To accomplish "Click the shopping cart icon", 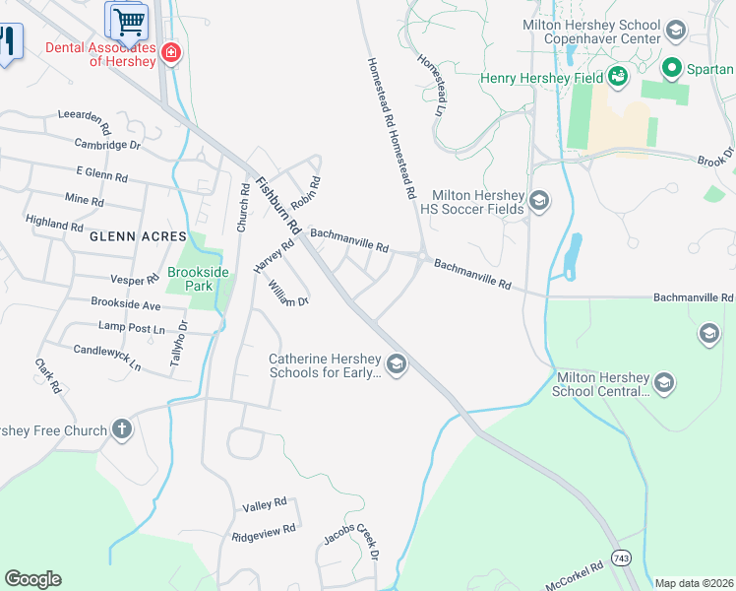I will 127,20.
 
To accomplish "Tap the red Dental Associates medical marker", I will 171,52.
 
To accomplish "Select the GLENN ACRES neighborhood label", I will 138,237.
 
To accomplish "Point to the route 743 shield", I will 621,558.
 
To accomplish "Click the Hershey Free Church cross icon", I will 121,429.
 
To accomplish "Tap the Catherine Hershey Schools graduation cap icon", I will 396,365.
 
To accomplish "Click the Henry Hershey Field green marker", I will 618,75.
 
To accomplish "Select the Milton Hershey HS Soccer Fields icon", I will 538,202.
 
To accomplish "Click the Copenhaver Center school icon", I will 676,30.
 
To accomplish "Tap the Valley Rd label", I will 264,505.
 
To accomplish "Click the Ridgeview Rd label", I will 264,532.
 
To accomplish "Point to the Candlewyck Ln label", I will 107,357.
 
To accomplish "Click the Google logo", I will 32,579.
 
